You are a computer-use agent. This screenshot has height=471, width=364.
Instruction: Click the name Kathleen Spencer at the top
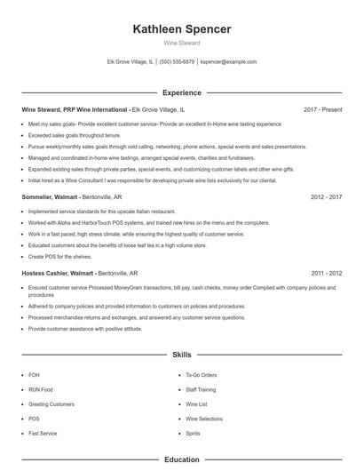(x=181, y=28)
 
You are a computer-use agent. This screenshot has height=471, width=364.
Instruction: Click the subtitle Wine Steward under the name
(x=181, y=43)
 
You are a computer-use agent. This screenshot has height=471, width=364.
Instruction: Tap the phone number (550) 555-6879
(x=177, y=62)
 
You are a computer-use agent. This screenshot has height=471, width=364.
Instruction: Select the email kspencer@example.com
(x=228, y=62)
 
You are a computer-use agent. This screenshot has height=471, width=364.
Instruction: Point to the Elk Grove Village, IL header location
(x=130, y=62)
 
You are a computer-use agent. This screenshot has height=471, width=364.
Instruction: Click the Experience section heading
(x=181, y=92)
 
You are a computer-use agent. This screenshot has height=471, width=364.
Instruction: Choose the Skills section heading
(x=181, y=354)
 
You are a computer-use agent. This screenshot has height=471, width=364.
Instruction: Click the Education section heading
(x=181, y=459)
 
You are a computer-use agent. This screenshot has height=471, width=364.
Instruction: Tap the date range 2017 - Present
(x=322, y=109)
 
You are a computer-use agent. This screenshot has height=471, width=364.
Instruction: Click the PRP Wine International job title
(x=75, y=109)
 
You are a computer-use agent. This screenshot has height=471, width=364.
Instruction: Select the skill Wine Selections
(x=204, y=418)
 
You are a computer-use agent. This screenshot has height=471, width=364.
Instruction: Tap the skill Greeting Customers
(x=51, y=403)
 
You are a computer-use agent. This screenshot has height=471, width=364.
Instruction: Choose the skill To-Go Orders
(x=202, y=375)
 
